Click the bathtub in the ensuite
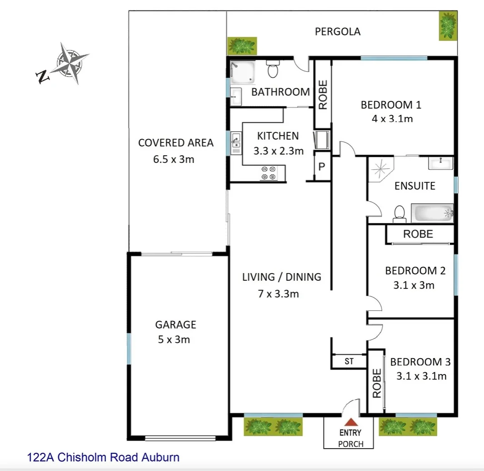(x=432, y=213)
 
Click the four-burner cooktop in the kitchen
(x=268, y=173)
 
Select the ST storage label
(x=349, y=362)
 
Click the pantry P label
(x=322, y=167)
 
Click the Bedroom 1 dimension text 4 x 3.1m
(x=391, y=119)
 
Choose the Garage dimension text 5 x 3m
(x=175, y=339)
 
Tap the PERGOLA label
(x=338, y=31)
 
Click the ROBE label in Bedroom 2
(x=418, y=234)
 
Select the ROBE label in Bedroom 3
(x=377, y=383)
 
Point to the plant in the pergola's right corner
(x=448, y=26)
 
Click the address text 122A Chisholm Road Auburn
(x=104, y=457)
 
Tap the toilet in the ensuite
(x=399, y=213)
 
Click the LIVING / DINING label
(x=281, y=277)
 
